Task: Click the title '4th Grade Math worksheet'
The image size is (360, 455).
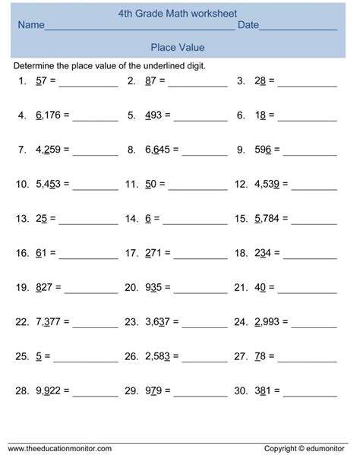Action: click(x=178, y=13)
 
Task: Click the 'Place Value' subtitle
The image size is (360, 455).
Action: click(x=178, y=47)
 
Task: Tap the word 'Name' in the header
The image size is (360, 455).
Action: click(x=31, y=26)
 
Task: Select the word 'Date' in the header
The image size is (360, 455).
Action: click(x=248, y=26)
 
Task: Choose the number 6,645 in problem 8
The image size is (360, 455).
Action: click(x=156, y=150)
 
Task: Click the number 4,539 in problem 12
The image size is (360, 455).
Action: click(x=267, y=185)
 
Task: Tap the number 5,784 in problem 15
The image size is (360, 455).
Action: click(x=267, y=219)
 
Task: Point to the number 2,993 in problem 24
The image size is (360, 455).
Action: click(x=267, y=321)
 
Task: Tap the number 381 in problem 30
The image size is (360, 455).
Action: click(x=262, y=390)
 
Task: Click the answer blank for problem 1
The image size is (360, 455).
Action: click(x=92, y=83)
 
